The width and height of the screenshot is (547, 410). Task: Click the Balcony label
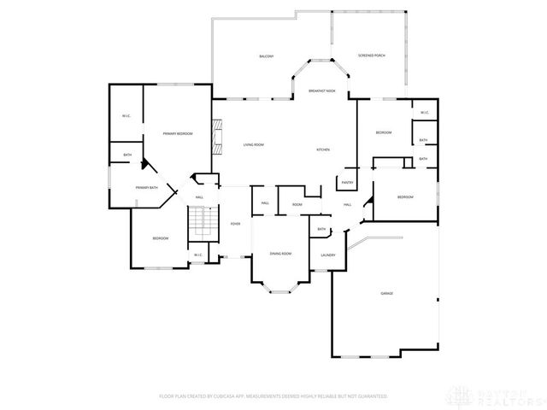(x=266, y=56)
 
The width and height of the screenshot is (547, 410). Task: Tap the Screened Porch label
(x=372, y=56)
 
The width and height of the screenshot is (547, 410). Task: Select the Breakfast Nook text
(x=321, y=91)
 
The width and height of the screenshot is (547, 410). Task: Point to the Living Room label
(x=253, y=144)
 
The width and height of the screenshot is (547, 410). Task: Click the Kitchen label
(x=323, y=149)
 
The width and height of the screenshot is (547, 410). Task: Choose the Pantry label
(x=347, y=182)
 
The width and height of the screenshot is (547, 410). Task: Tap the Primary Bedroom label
(x=178, y=134)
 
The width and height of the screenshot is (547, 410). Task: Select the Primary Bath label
(x=146, y=187)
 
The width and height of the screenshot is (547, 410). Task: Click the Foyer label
(x=235, y=224)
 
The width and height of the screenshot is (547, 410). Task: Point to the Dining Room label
(x=281, y=254)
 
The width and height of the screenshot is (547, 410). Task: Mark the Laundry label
(x=327, y=255)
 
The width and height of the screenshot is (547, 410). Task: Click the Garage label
(x=387, y=293)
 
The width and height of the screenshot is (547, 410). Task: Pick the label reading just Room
(x=297, y=204)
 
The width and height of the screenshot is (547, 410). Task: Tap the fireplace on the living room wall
(x=217, y=136)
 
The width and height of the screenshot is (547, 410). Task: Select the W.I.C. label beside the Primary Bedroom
(x=126, y=115)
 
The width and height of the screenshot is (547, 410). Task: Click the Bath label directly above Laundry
(x=321, y=229)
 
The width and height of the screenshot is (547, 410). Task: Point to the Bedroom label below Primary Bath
(x=160, y=238)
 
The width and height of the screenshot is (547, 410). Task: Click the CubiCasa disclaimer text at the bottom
(x=273, y=396)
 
